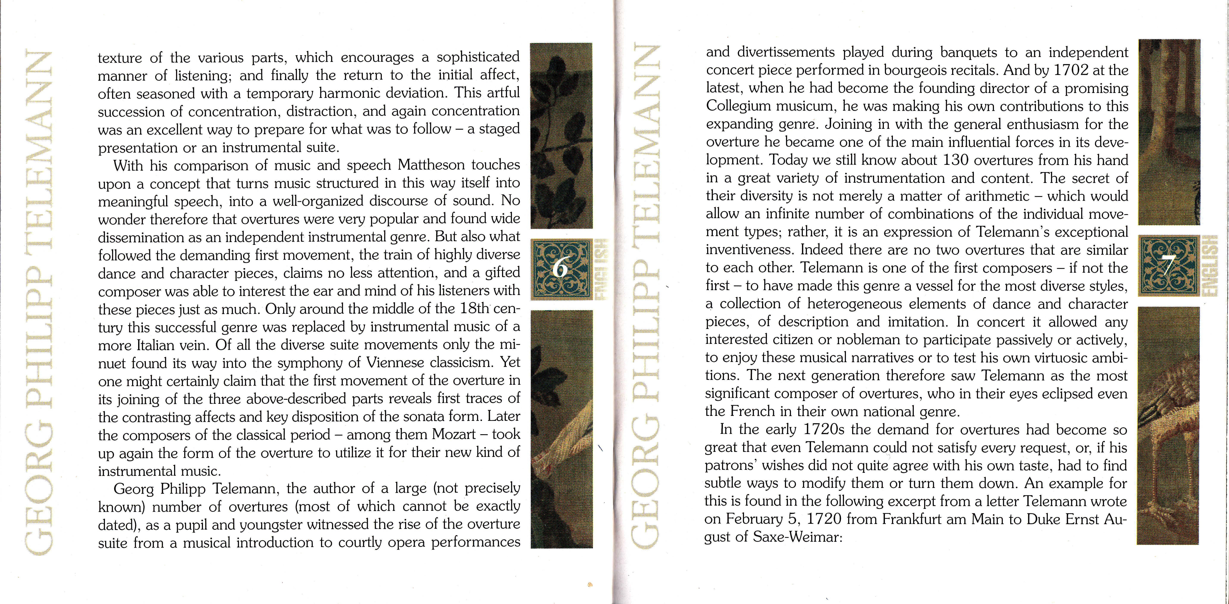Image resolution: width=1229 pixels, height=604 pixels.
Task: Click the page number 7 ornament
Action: [1168, 266]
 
